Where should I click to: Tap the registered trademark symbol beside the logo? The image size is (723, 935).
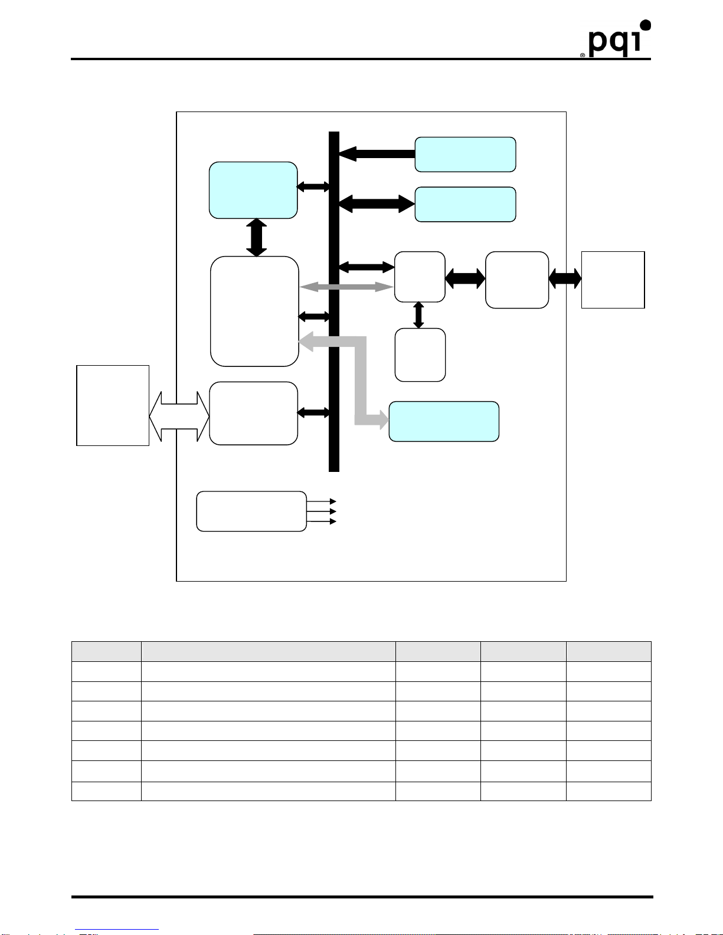click(x=583, y=54)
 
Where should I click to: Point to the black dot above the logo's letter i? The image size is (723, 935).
click(x=645, y=25)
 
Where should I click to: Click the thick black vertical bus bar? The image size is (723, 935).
click(x=334, y=301)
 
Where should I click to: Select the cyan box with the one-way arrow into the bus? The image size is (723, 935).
click(x=465, y=155)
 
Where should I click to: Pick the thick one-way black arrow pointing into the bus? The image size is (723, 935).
click(x=377, y=154)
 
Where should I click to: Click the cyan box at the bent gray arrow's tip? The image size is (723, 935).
click(x=444, y=421)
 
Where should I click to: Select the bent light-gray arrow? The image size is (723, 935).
click(x=360, y=378)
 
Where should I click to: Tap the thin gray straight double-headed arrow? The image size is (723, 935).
click(x=346, y=287)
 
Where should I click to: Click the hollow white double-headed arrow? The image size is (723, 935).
click(x=179, y=416)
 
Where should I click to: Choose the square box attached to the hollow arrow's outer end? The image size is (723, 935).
click(x=113, y=405)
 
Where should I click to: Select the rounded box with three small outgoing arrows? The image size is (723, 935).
click(x=251, y=511)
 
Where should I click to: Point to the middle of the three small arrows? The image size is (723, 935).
click(x=322, y=511)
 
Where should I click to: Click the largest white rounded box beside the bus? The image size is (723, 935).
click(x=254, y=311)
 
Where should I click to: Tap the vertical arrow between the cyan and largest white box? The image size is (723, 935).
click(x=256, y=237)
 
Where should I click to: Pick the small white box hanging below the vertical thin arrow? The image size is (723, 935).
click(x=420, y=355)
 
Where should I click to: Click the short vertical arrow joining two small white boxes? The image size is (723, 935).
click(x=418, y=315)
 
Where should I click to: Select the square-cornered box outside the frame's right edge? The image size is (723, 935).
click(x=613, y=280)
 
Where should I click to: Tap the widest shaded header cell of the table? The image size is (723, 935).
click(x=268, y=651)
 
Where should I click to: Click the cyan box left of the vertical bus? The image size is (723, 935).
click(x=253, y=190)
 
